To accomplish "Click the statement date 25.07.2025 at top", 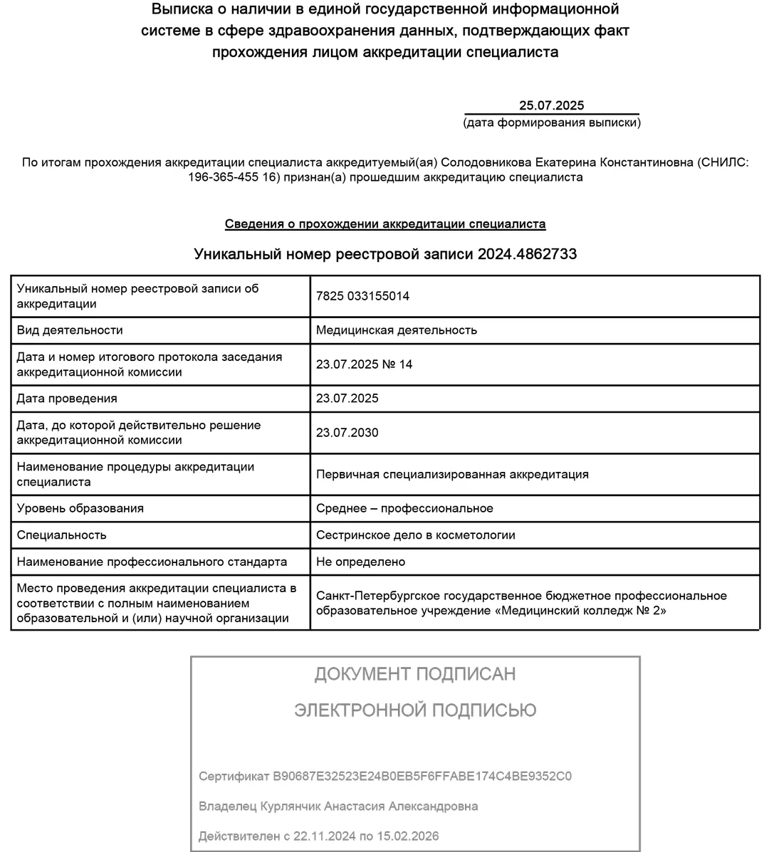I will pyautogui.click(x=551, y=105).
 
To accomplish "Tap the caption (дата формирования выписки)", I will pyautogui.click(x=551, y=122).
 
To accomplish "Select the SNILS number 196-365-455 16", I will pyautogui.click(x=232, y=177).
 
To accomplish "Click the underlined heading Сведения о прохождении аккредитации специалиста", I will pyautogui.click(x=385, y=224).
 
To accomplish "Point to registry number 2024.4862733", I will pyautogui.click(x=527, y=254).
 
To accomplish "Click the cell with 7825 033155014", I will pyautogui.click(x=362, y=296).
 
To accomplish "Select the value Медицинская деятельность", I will pyautogui.click(x=397, y=330).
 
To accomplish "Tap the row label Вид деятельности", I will pyautogui.click(x=70, y=330).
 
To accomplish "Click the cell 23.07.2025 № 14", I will pyautogui.click(x=364, y=364).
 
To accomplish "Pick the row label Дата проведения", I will pyautogui.click(x=67, y=399).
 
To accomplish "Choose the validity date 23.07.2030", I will pyautogui.click(x=347, y=433).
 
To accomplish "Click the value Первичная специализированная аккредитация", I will pyautogui.click(x=452, y=474).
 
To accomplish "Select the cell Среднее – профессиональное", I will pyautogui.click(x=404, y=508).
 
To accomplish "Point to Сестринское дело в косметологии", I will pyautogui.click(x=415, y=535).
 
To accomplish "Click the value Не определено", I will pyautogui.click(x=360, y=562).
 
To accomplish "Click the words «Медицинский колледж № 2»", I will pyautogui.click(x=580, y=611).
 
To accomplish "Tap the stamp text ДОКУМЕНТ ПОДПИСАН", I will pyautogui.click(x=415, y=674).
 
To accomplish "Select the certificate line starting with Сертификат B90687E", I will pyautogui.click(x=384, y=776).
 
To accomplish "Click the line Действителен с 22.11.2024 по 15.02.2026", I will pyautogui.click(x=318, y=836).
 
